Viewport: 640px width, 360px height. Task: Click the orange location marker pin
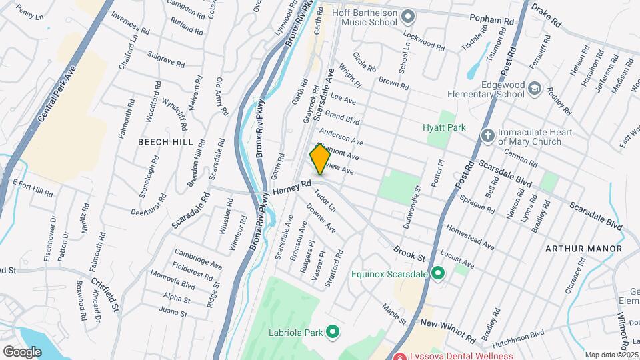(320, 159)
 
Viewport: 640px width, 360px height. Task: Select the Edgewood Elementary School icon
(534, 88)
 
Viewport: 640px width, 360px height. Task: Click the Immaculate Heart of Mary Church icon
(488, 135)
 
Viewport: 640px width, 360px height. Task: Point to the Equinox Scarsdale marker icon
(438, 273)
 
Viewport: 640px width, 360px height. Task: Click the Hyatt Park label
(443, 127)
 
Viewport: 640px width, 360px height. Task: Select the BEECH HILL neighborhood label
(165, 142)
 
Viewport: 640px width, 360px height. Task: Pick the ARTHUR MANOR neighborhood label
(583, 249)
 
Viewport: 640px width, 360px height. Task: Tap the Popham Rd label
(491, 21)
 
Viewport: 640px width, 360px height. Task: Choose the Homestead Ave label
(470, 237)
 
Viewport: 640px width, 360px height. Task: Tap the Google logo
(21, 351)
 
